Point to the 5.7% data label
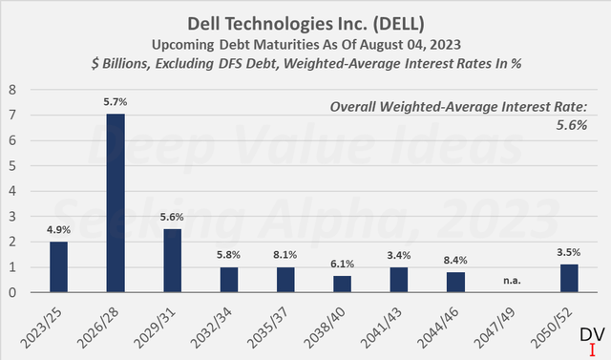[115, 98]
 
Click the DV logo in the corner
[592, 336]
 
